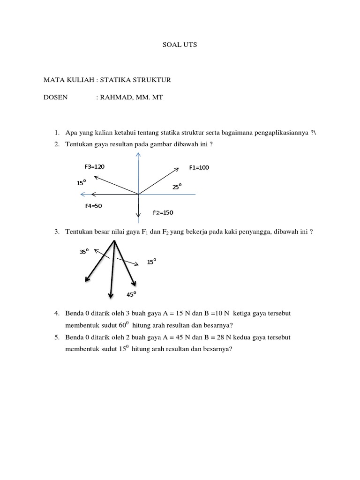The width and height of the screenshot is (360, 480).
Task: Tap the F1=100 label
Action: point(199,168)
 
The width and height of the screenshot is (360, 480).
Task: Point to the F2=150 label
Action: point(163,213)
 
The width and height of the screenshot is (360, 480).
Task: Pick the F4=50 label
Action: point(93,206)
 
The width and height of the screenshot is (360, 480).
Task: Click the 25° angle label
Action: point(177,187)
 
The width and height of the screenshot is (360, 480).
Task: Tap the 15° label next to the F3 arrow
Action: point(81,183)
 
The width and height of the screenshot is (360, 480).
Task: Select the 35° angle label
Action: point(84,252)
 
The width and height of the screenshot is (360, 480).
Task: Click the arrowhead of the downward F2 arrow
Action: point(138,216)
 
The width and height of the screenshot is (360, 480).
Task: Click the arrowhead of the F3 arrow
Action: point(96,177)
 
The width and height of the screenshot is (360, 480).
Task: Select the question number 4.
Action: point(56,313)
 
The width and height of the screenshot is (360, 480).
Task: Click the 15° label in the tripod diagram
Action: point(151,262)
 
